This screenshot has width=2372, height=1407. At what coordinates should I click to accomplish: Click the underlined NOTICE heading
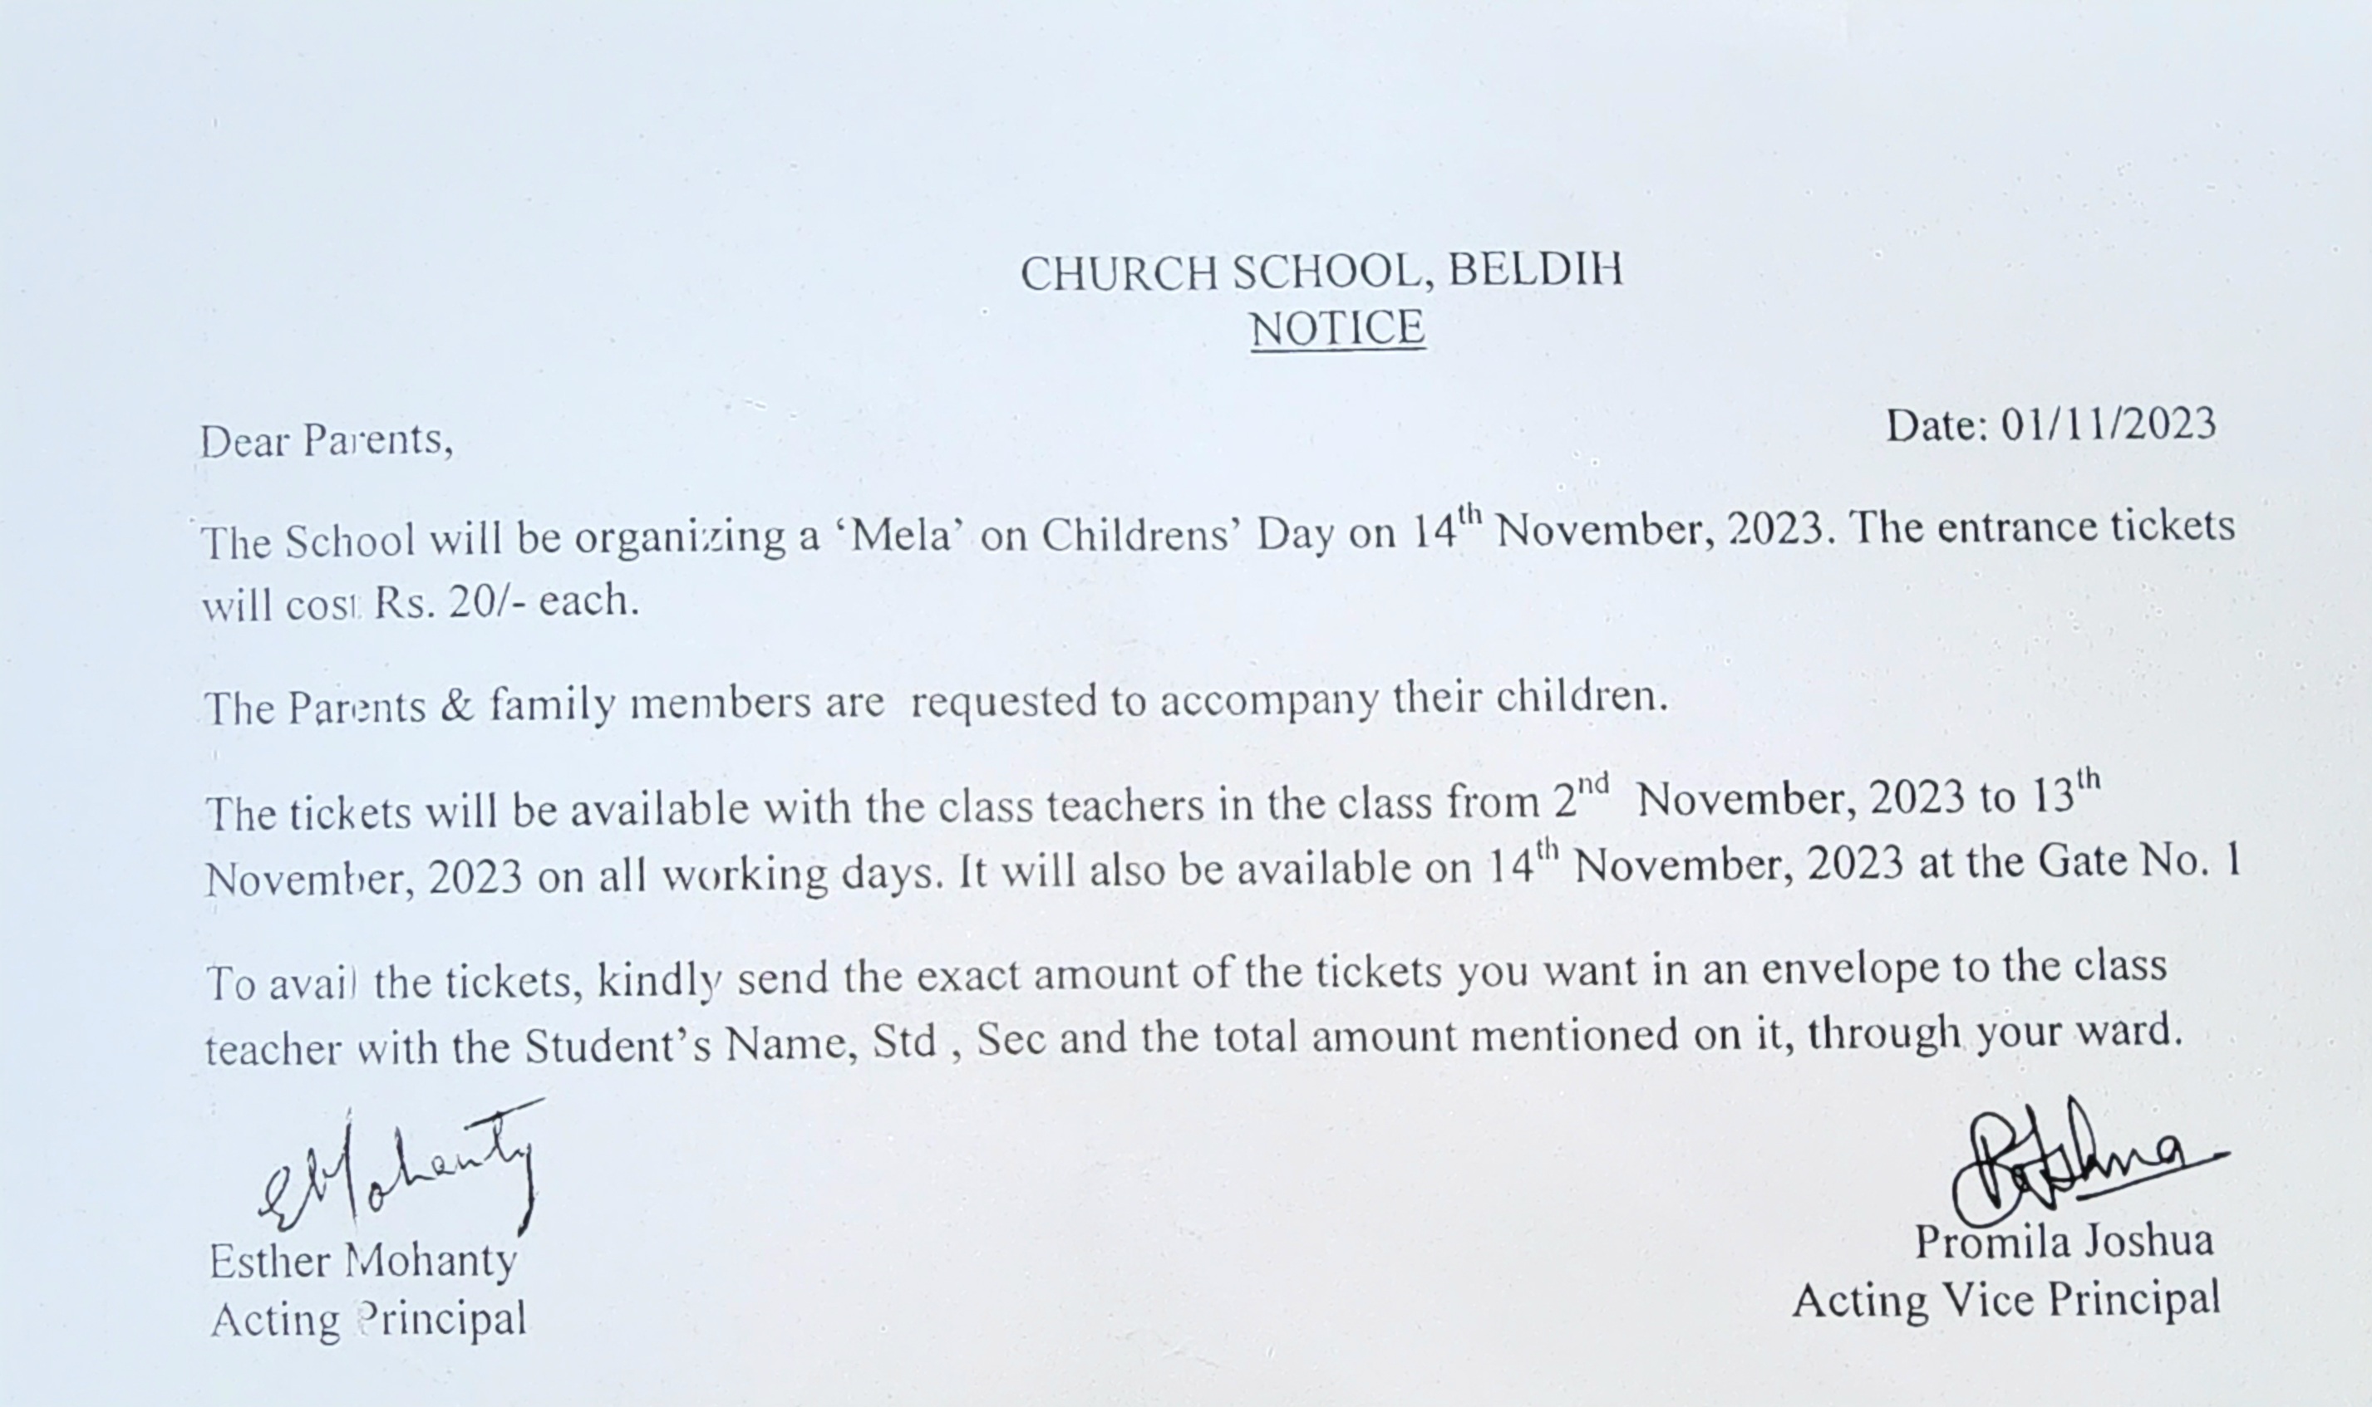[x=1337, y=330]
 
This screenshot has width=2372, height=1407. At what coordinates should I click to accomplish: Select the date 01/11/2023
[x=2108, y=426]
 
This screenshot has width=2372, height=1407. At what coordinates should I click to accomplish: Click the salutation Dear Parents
[x=325, y=441]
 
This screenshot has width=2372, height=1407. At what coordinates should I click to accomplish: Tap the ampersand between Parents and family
[x=456, y=705]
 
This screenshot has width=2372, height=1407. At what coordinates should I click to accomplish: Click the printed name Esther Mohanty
[x=362, y=1262]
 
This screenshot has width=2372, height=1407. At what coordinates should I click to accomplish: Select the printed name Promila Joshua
[x=2064, y=1241]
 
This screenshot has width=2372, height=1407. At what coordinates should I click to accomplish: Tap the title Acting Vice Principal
[x=2006, y=1299]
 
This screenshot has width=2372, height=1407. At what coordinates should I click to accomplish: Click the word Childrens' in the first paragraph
[x=1142, y=535]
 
